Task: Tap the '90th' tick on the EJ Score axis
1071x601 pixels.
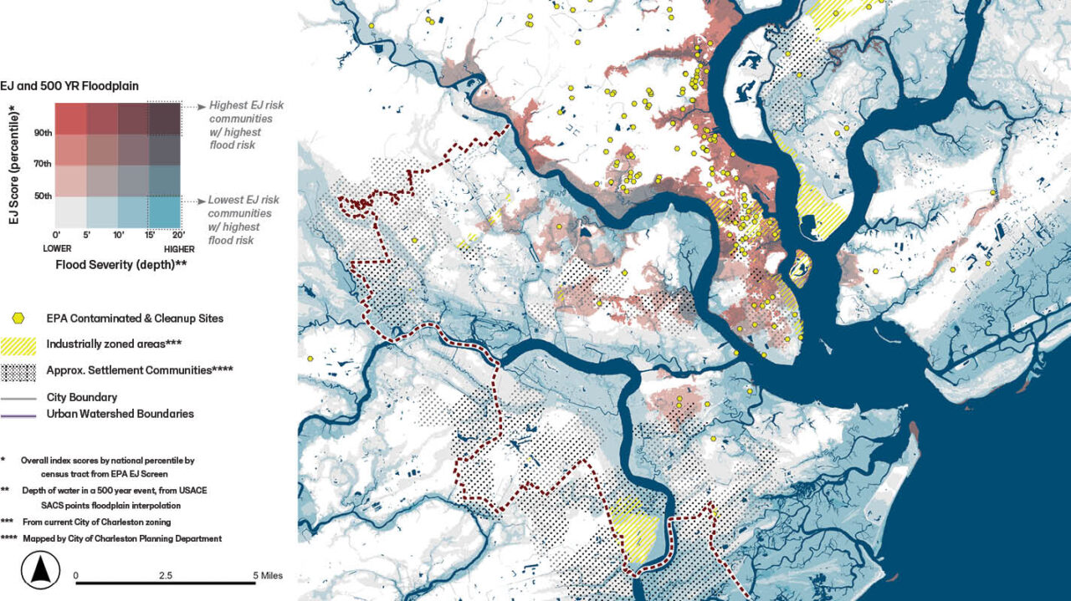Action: (44, 133)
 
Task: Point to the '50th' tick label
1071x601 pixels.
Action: (44, 196)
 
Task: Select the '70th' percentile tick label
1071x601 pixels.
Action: (44, 165)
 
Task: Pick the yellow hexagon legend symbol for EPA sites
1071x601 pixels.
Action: (19, 318)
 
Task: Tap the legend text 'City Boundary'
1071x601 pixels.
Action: (81, 397)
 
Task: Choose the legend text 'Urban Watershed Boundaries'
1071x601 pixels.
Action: (120, 413)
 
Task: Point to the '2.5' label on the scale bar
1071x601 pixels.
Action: (165, 575)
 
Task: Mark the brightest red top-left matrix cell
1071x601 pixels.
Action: (70, 118)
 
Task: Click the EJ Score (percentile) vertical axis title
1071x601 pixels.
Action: (13, 155)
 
